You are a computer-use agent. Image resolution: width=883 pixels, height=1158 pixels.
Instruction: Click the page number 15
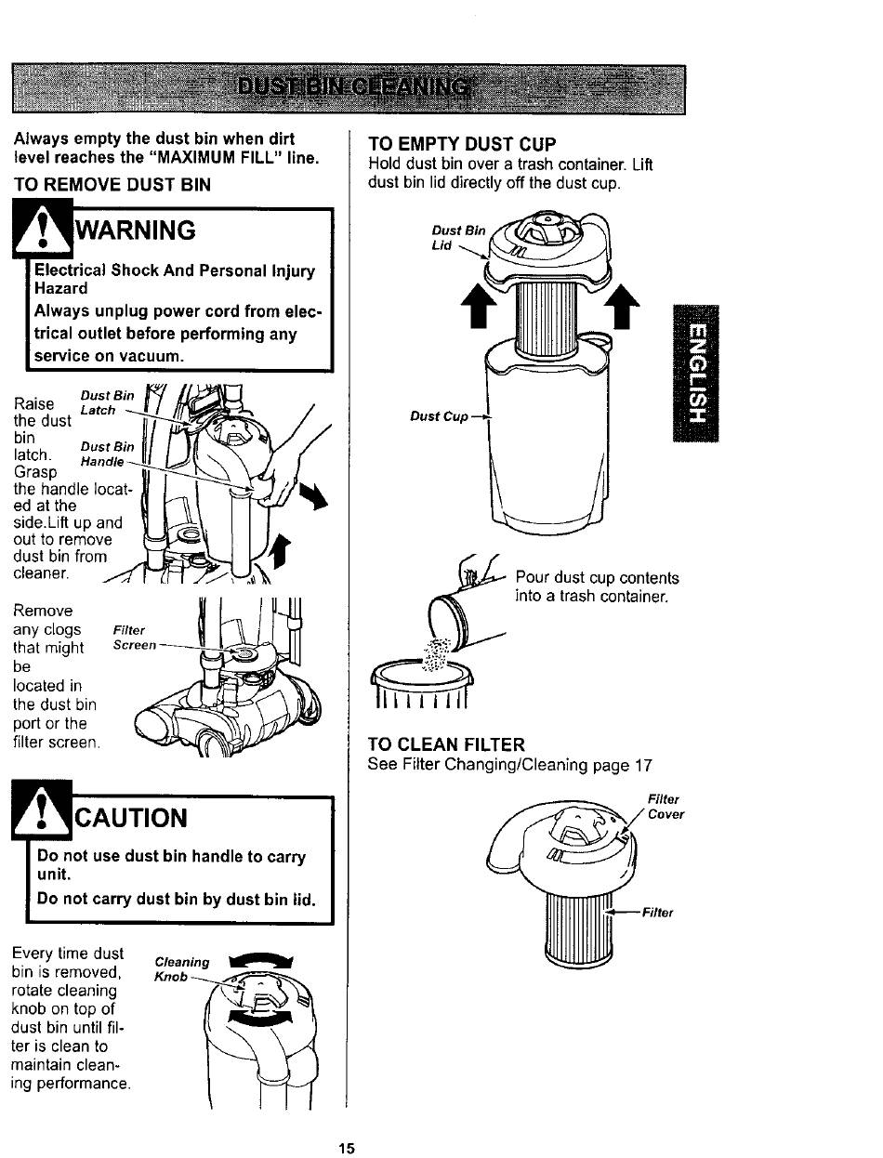(x=346, y=1148)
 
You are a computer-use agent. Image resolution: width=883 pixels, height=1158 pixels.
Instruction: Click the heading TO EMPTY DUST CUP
(x=462, y=144)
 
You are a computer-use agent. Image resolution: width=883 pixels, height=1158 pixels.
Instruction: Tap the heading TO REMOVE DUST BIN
(x=112, y=184)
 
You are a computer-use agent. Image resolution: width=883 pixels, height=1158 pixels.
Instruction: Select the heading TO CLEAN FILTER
(x=446, y=744)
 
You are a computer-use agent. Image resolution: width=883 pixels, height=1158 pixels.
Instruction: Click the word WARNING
(x=137, y=229)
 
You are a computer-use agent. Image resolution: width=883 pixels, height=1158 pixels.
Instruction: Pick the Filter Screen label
(x=134, y=637)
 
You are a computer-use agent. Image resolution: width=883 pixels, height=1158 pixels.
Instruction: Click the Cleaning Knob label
(x=182, y=969)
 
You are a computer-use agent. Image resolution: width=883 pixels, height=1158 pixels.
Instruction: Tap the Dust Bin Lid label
(x=458, y=237)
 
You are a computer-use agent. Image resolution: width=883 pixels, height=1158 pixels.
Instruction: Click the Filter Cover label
(x=666, y=806)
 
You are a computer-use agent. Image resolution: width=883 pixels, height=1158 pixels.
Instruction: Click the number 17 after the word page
(x=643, y=766)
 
